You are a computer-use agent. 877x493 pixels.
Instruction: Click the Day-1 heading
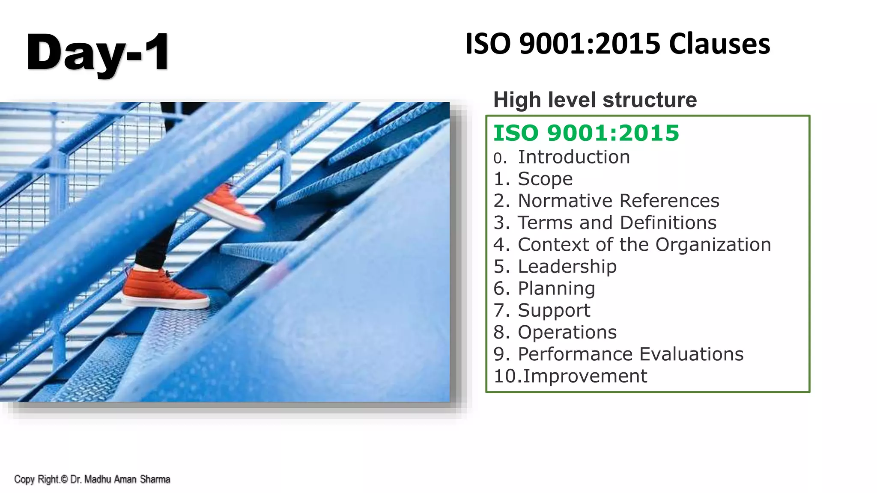[98, 52]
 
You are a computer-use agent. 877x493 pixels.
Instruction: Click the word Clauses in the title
[719, 44]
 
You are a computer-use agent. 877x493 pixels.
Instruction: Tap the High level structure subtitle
[595, 100]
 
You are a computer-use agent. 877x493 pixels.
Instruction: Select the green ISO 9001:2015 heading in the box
[586, 133]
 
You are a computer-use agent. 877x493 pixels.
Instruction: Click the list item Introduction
[574, 157]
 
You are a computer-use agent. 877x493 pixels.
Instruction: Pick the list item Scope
[545, 179]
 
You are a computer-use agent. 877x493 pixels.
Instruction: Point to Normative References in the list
[618, 201]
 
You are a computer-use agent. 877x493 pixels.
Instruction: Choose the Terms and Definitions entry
[617, 223]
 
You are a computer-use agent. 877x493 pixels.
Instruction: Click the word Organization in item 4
[713, 244]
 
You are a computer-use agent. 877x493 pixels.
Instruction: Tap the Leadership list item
[567, 267]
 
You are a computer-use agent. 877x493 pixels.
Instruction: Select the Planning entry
[556, 288]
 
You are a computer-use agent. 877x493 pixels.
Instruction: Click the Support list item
[554, 310]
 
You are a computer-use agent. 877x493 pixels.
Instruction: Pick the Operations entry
[567, 332]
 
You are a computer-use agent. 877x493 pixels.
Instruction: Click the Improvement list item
[585, 376]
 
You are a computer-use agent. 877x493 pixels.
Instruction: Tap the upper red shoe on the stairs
[231, 208]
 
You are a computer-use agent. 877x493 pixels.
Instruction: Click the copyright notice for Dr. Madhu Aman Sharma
[92, 479]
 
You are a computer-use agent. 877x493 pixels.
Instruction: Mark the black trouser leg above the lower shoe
[154, 248]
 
